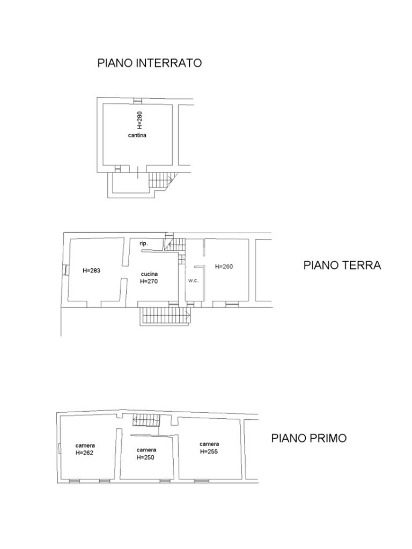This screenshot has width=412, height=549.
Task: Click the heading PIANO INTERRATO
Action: [149, 63]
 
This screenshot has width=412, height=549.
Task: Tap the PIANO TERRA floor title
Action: [342, 265]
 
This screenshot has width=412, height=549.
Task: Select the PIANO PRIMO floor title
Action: [308, 438]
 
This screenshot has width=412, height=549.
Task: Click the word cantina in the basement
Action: [137, 135]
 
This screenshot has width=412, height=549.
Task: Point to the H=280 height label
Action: [140, 120]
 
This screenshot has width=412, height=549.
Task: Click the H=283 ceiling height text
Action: [91, 270]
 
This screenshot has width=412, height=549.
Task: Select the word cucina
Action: [149, 274]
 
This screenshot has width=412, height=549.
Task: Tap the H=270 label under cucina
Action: [149, 281]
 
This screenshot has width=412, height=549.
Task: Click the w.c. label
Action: [193, 280]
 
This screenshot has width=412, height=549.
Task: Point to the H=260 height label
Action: [224, 266]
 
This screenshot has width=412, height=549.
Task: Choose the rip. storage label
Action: [144, 244]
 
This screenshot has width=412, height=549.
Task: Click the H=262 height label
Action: [85, 452]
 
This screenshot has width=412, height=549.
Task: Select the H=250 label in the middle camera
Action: [145, 457]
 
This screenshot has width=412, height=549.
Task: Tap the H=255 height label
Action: [209, 451]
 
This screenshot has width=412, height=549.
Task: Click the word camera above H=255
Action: [209, 444]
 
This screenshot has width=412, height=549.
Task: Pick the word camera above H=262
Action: [85, 446]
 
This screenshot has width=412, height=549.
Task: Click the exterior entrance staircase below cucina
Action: [165, 316]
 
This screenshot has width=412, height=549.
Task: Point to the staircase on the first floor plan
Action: [146, 420]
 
